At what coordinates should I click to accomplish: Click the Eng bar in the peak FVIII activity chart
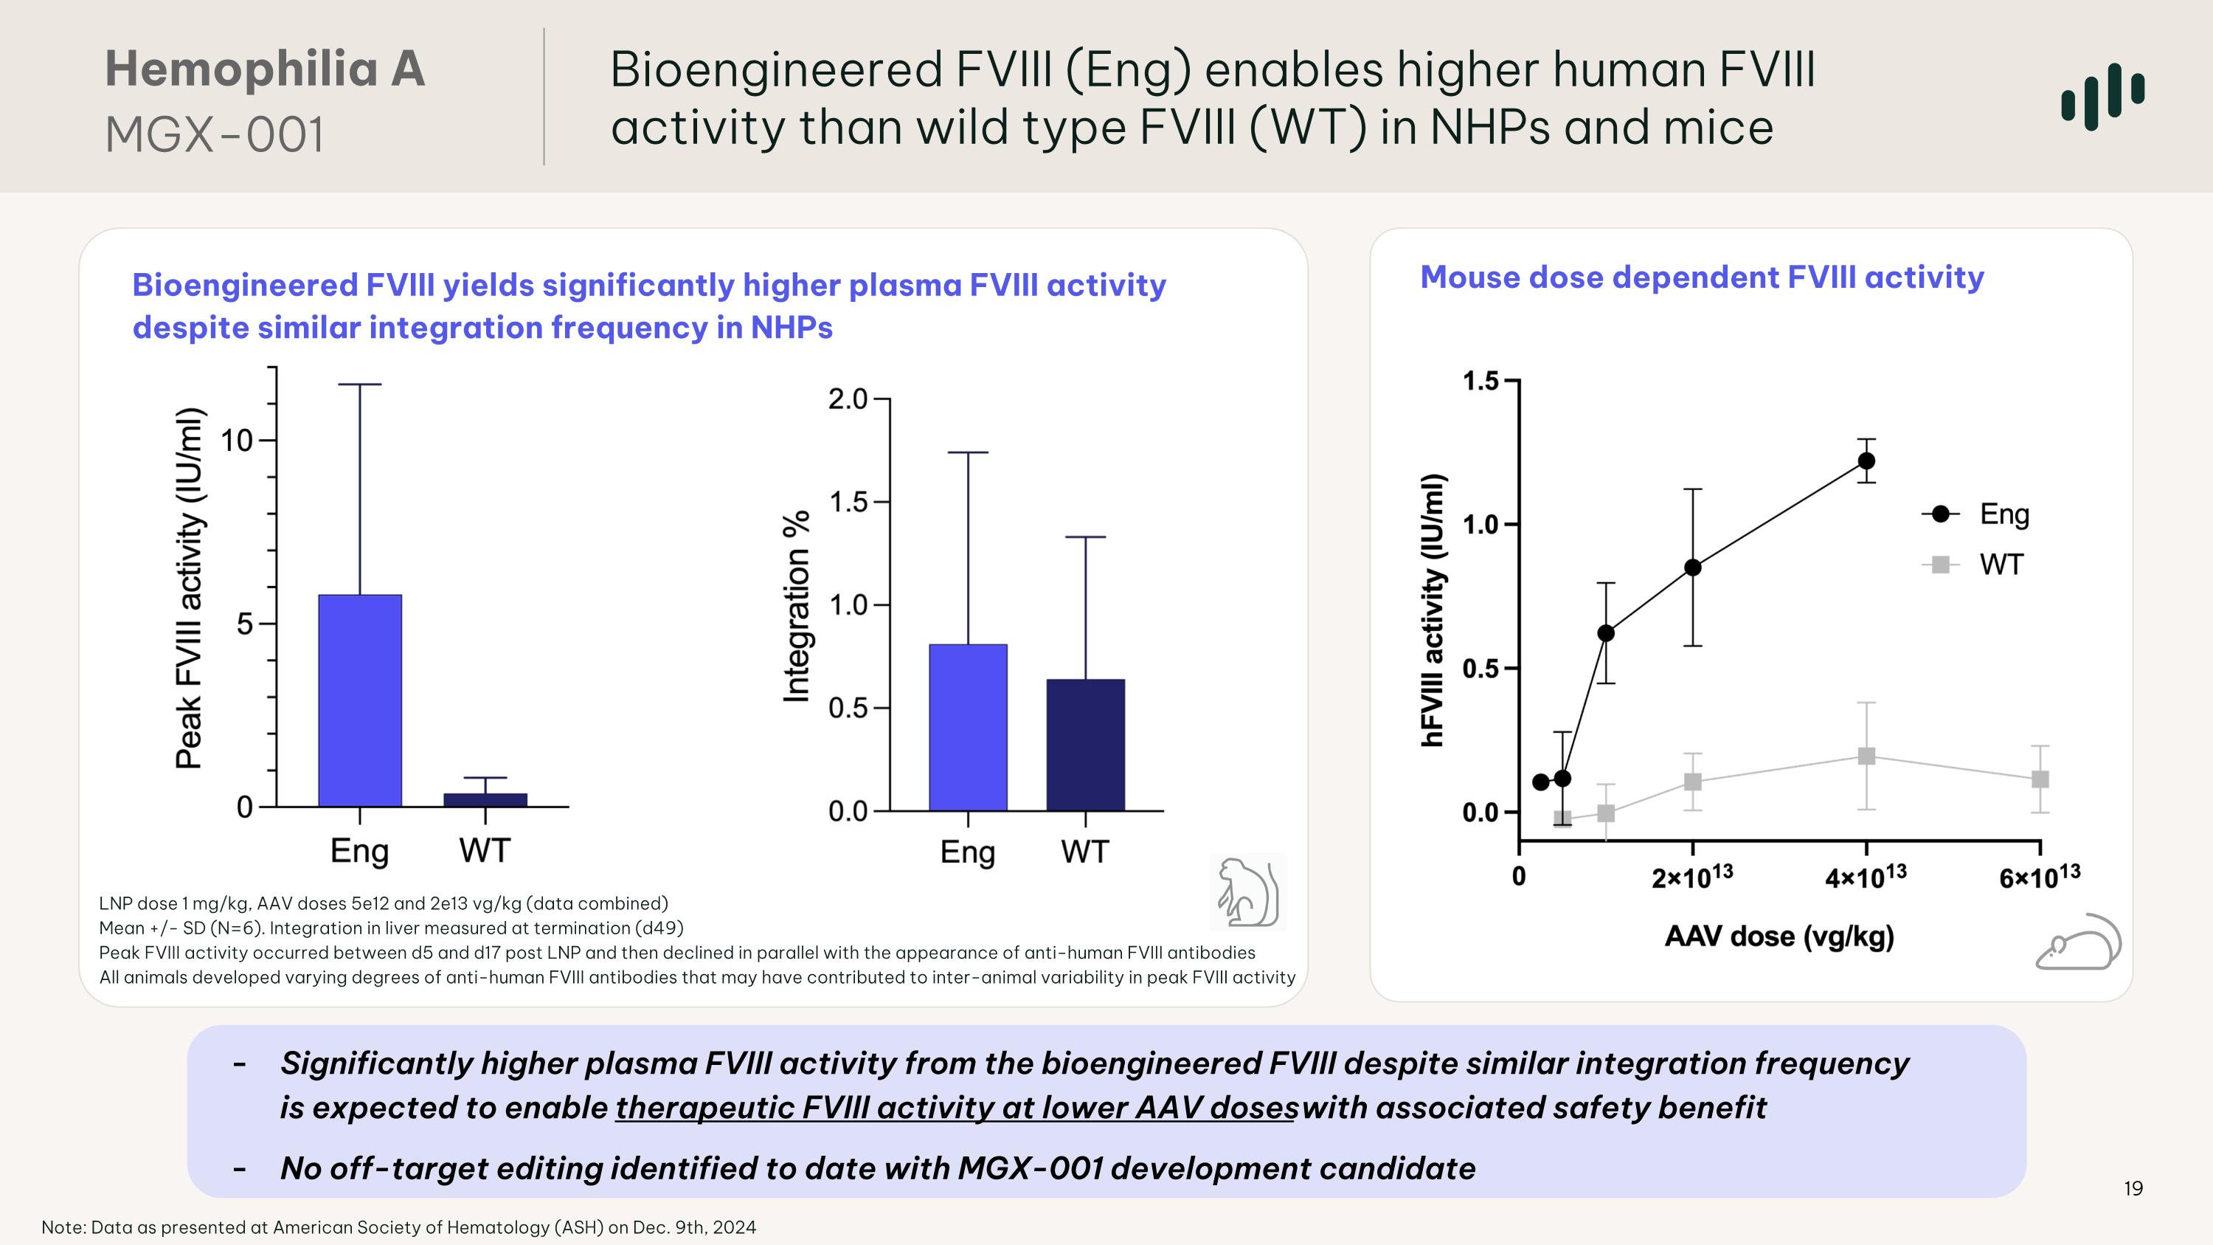pos(360,700)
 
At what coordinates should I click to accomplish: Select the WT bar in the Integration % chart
pos(1085,745)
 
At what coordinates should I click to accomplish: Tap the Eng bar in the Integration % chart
pos(968,728)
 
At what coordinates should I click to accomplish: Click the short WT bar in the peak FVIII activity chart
pos(485,800)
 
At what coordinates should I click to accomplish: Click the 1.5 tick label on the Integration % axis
pos(848,503)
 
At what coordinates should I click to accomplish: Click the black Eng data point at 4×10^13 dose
pos(1866,461)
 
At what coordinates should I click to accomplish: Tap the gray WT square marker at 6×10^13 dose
pos(2040,779)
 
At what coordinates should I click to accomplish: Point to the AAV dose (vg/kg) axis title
pos(1779,936)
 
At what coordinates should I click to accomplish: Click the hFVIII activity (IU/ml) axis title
pos(1432,610)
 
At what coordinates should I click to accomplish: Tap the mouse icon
pos(2078,943)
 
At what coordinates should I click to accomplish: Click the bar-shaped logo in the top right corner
pos(2102,95)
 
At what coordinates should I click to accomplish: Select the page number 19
pos(2133,1188)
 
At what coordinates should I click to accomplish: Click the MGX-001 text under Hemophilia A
pos(215,135)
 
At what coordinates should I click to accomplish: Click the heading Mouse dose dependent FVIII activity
pos(1702,277)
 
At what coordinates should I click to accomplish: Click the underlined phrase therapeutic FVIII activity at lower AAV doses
pos(956,1108)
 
